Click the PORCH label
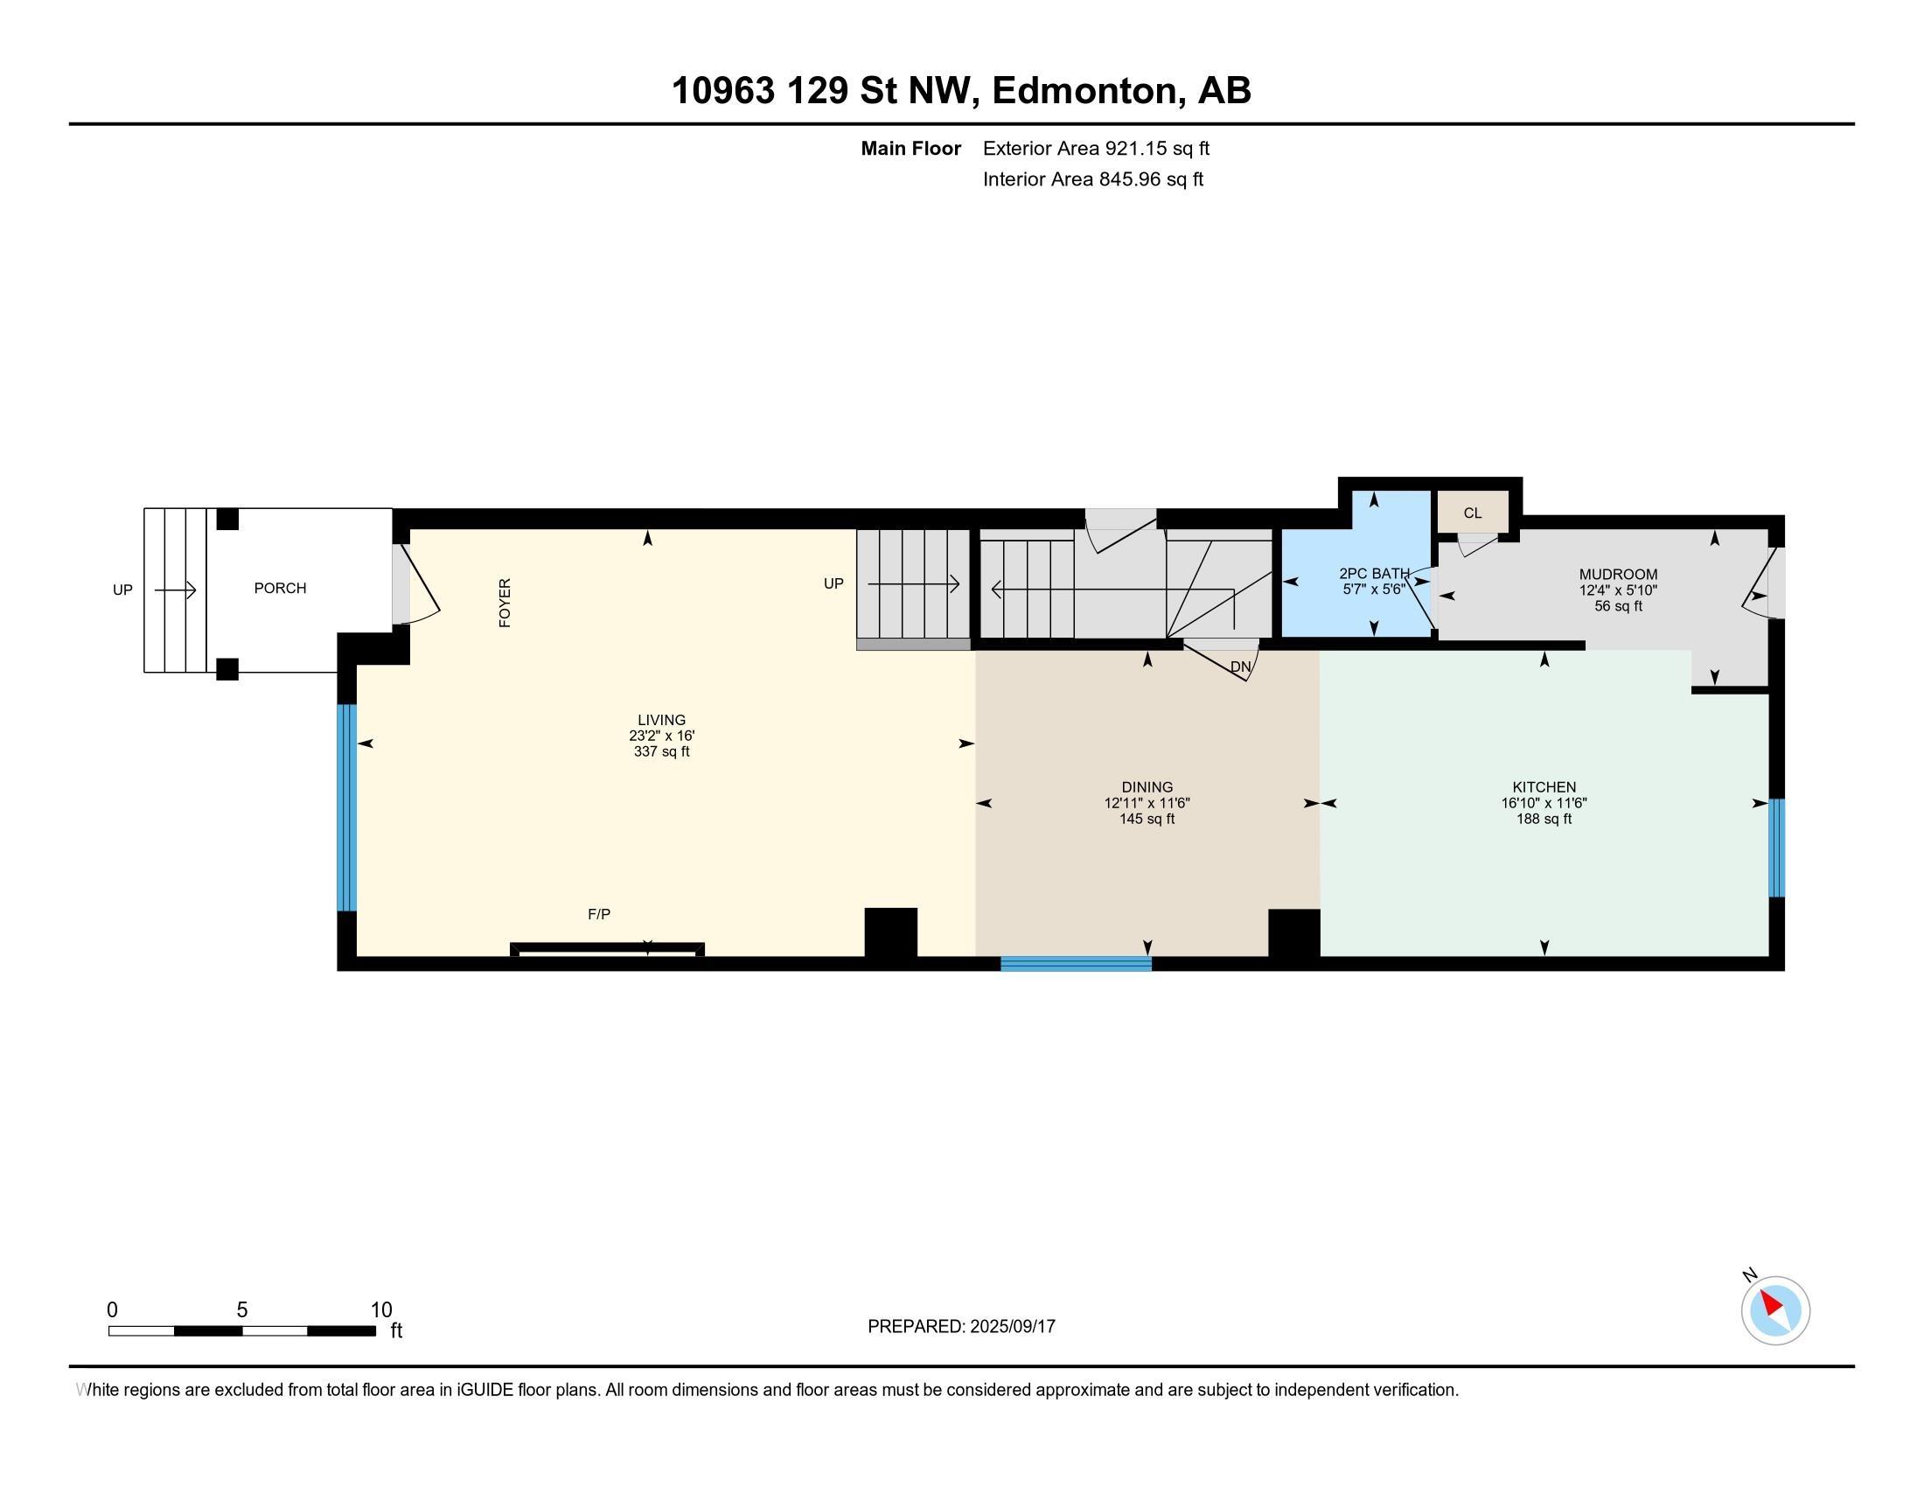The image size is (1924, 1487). [x=280, y=589]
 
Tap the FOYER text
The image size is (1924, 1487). [x=505, y=603]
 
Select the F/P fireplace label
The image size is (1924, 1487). [x=599, y=914]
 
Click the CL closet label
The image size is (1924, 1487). [x=1473, y=513]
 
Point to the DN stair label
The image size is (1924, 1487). [x=1240, y=667]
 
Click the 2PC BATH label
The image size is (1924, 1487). [x=1374, y=574]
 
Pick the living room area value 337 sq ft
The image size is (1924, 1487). [x=662, y=751]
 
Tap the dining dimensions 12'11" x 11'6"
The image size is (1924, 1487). [x=1147, y=803]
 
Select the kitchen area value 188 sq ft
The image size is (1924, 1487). [x=1544, y=820]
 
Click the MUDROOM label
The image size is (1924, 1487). [x=1618, y=575]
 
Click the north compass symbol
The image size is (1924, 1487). [x=1775, y=1310]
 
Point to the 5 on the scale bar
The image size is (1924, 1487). [x=242, y=1310]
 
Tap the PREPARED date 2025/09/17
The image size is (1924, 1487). [x=1012, y=1327]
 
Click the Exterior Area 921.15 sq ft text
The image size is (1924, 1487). [x=1096, y=148]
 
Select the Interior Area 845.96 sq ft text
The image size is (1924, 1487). [x=1093, y=178]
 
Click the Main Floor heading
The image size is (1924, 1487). [x=911, y=148]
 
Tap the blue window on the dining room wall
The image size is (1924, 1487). [x=1076, y=964]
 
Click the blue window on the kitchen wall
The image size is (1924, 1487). [x=1777, y=848]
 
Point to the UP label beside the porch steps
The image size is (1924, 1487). [x=122, y=590]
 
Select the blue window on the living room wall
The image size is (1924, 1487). [x=347, y=807]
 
